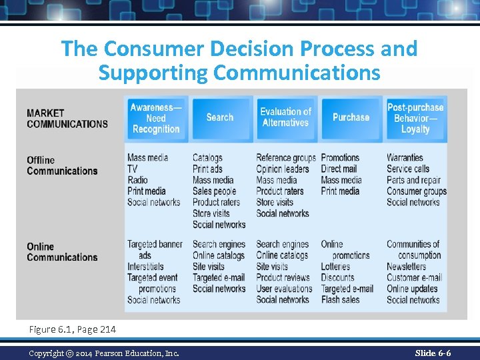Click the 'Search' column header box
tap(220, 117)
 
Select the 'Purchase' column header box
tap(351, 117)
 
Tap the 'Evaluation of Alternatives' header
tap(285, 117)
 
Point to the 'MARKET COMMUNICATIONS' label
tap(67, 118)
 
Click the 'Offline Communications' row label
tap(62, 165)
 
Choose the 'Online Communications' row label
tap(62, 252)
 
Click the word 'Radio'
tap(138, 180)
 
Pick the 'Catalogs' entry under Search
tap(207, 158)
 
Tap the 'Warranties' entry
tap(405, 158)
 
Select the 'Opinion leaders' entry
tap(283, 169)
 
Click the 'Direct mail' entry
tap(339, 169)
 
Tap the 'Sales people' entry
tap(214, 191)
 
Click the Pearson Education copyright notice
tap(104, 353)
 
